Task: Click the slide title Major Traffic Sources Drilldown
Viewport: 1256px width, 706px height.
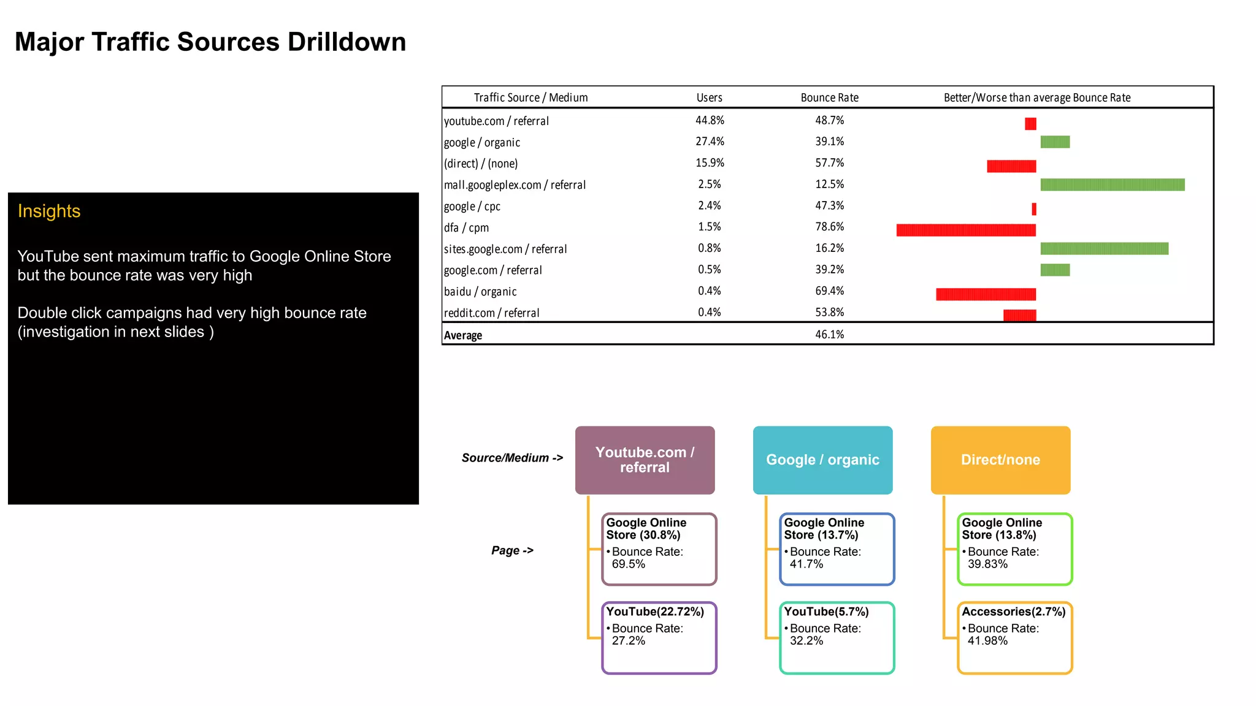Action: (210, 42)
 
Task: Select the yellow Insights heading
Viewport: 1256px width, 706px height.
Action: (49, 211)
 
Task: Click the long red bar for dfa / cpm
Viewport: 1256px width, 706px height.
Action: (965, 230)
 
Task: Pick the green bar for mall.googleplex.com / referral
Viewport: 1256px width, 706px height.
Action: (1112, 184)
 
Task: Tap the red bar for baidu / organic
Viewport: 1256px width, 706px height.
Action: (986, 294)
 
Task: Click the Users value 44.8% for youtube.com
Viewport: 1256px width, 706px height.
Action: (710, 121)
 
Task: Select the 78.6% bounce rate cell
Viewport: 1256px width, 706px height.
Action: (829, 227)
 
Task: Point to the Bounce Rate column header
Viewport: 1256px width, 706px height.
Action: (829, 97)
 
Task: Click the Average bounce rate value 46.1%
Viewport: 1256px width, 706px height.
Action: (829, 335)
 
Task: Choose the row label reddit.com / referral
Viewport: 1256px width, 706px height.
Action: (491, 313)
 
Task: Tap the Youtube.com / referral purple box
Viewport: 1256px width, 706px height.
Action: (645, 460)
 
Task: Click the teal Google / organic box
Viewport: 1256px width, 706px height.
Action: (822, 460)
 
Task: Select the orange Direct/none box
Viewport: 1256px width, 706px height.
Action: (1000, 460)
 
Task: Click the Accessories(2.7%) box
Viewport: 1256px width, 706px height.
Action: (1014, 637)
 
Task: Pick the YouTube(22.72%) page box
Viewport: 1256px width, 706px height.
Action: (659, 637)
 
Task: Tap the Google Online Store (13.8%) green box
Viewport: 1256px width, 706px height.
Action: (1014, 548)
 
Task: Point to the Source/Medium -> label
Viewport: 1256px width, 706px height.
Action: (512, 458)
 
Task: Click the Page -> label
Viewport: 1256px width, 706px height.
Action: (512, 550)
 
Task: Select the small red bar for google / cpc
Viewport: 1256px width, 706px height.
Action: (1034, 209)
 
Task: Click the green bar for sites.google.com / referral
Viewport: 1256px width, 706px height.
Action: (1104, 248)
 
